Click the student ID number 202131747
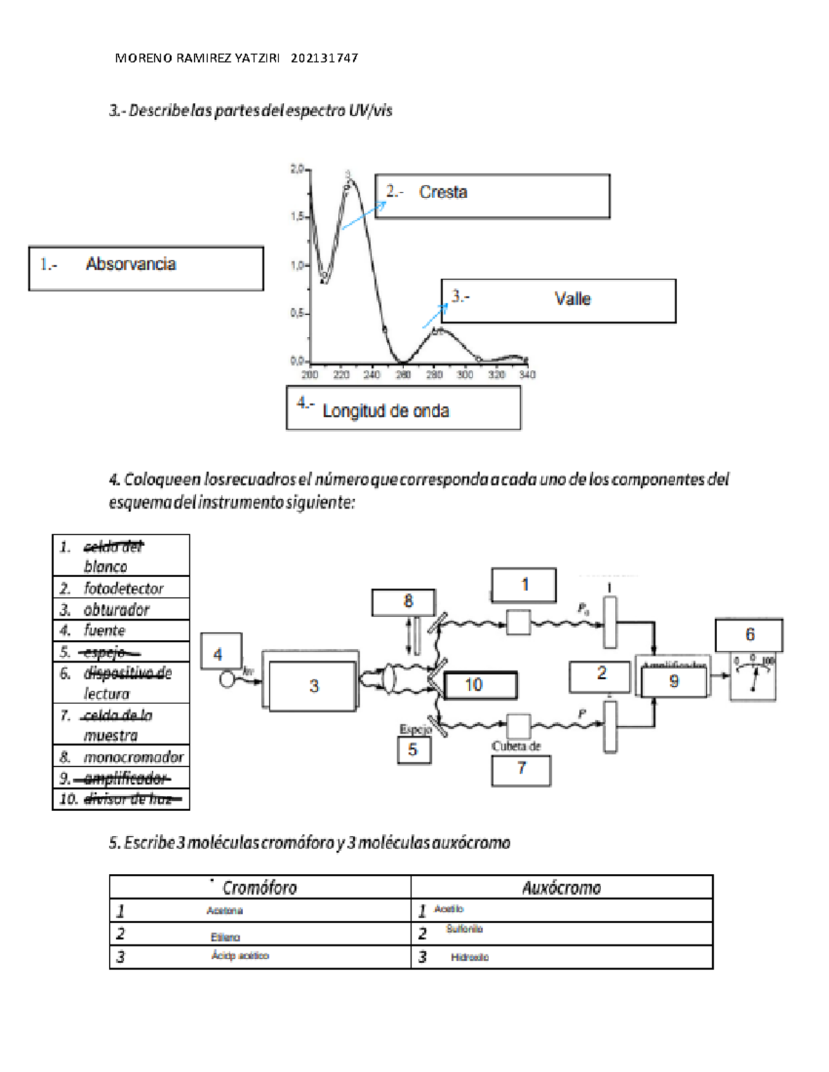pos(324,59)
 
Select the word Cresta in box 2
pos(443,192)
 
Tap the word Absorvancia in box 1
pos(131,264)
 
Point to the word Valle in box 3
pos(573,299)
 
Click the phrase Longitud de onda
pos(385,411)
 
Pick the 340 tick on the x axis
pos(527,375)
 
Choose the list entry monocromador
pos(133,757)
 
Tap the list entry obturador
pos(116,610)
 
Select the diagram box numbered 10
pos(480,685)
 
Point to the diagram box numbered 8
pos(403,602)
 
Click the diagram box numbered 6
pos(749,635)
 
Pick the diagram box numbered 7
pos(521,770)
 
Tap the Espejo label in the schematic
pos(415,729)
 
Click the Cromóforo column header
pos(259,888)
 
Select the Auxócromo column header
pos(561,888)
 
